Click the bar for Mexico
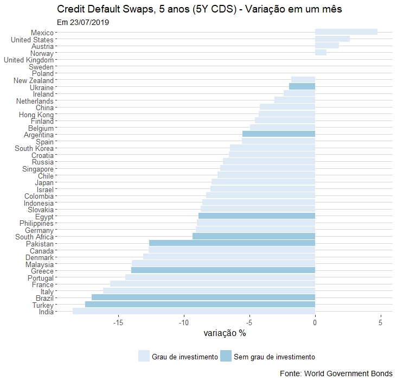tap(346, 32)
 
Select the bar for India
tap(194, 311)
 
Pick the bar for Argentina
tap(278, 134)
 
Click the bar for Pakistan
tap(232, 243)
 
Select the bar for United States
tap(332, 39)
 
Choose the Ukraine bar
tap(302, 86)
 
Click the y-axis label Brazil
tap(43, 298)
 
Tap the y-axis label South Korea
tap(34, 148)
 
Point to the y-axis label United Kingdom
tap(29, 60)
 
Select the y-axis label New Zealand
tap(34, 80)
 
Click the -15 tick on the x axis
tap(118, 322)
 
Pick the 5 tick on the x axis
tap(381, 322)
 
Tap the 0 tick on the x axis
tap(315, 322)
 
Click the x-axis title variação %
tap(225, 333)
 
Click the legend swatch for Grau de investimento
tap(144, 356)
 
